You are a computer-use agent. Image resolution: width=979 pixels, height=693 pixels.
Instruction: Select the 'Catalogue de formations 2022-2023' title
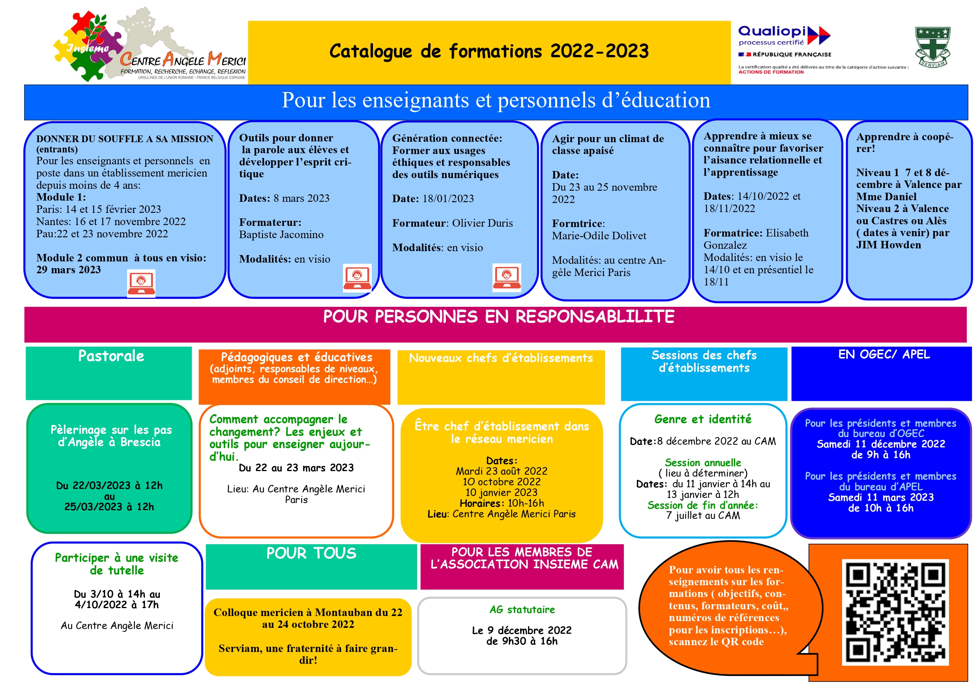click(x=489, y=51)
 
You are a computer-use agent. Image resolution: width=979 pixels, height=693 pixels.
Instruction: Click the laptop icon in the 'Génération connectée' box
click(x=506, y=277)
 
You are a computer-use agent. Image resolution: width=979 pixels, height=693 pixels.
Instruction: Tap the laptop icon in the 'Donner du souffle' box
click(x=141, y=282)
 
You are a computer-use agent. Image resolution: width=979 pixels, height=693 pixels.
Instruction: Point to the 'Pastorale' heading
click(x=111, y=356)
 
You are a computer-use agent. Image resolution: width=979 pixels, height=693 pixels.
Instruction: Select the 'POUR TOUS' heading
click(x=311, y=553)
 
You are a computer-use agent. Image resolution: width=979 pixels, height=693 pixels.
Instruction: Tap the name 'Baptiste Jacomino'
click(x=281, y=235)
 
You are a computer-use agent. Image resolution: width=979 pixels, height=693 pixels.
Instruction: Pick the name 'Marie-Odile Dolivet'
click(x=599, y=236)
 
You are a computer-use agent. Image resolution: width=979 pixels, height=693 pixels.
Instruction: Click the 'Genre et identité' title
click(x=702, y=419)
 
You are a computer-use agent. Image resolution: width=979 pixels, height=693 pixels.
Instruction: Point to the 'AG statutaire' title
click(x=522, y=609)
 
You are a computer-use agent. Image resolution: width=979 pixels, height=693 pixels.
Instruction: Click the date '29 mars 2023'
click(x=69, y=270)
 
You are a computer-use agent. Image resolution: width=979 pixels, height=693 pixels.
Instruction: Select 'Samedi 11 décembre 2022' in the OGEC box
click(x=880, y=444)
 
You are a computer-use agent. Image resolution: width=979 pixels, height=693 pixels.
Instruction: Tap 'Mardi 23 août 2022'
click(x=501, y=471)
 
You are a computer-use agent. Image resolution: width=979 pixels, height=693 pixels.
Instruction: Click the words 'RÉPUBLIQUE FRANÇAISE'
click(x=792, y=54)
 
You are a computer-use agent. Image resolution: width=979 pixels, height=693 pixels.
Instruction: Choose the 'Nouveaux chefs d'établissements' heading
click(x=501, y=358)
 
